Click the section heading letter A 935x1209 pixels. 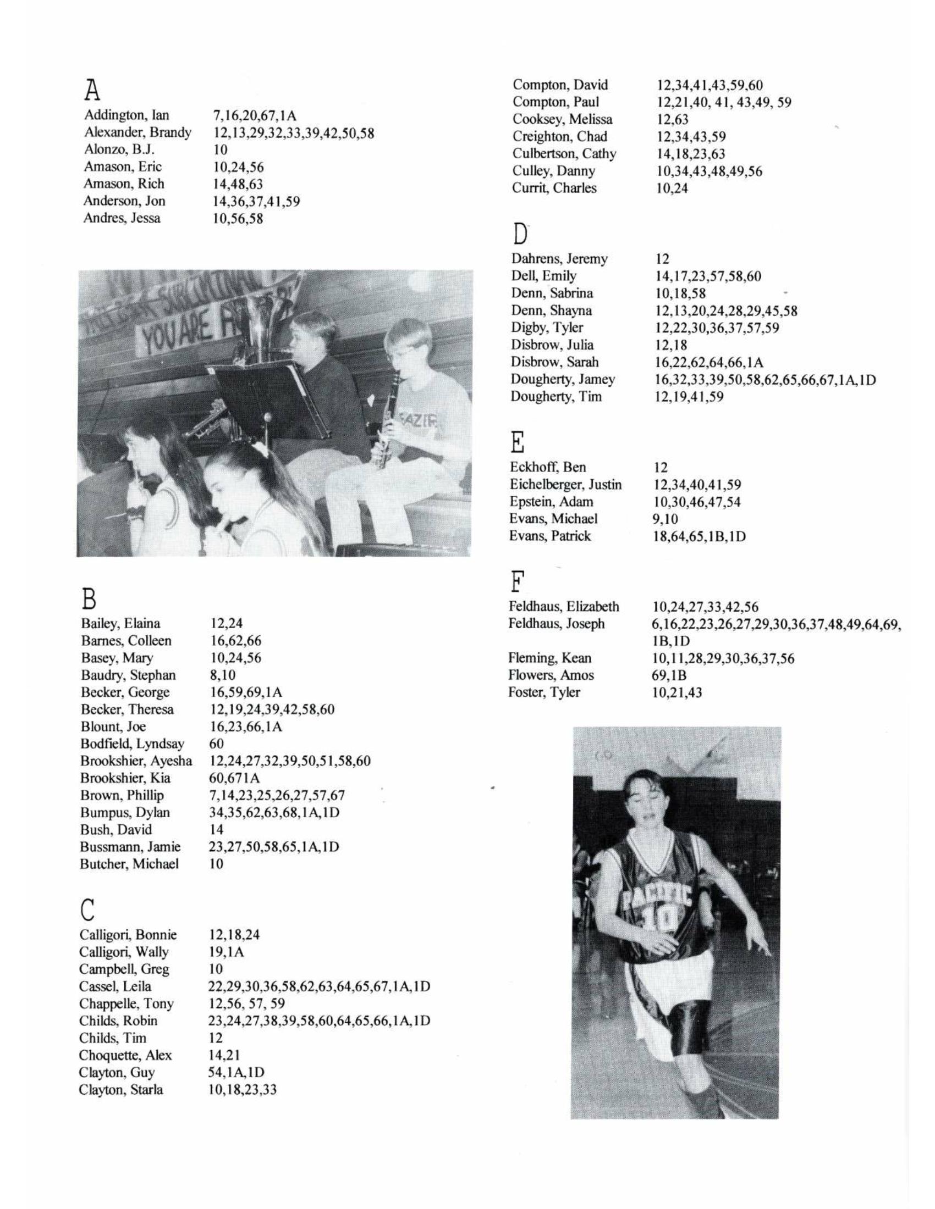tap(92, 88)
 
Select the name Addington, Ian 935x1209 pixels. tap(127, 115)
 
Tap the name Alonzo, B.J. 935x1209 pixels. tap(119, 149)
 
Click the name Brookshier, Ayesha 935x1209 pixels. tap(136, 761)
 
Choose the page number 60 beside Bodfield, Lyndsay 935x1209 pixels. tap(217, 744)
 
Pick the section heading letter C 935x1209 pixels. tap(87, 908)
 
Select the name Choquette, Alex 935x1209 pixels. tap(125, 1055)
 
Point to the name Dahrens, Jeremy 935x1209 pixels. tap(559, 258)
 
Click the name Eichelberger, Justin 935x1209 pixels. tap(565, 484)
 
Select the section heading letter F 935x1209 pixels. tap(516, 583)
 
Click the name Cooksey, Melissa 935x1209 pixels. tap(562, 119)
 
